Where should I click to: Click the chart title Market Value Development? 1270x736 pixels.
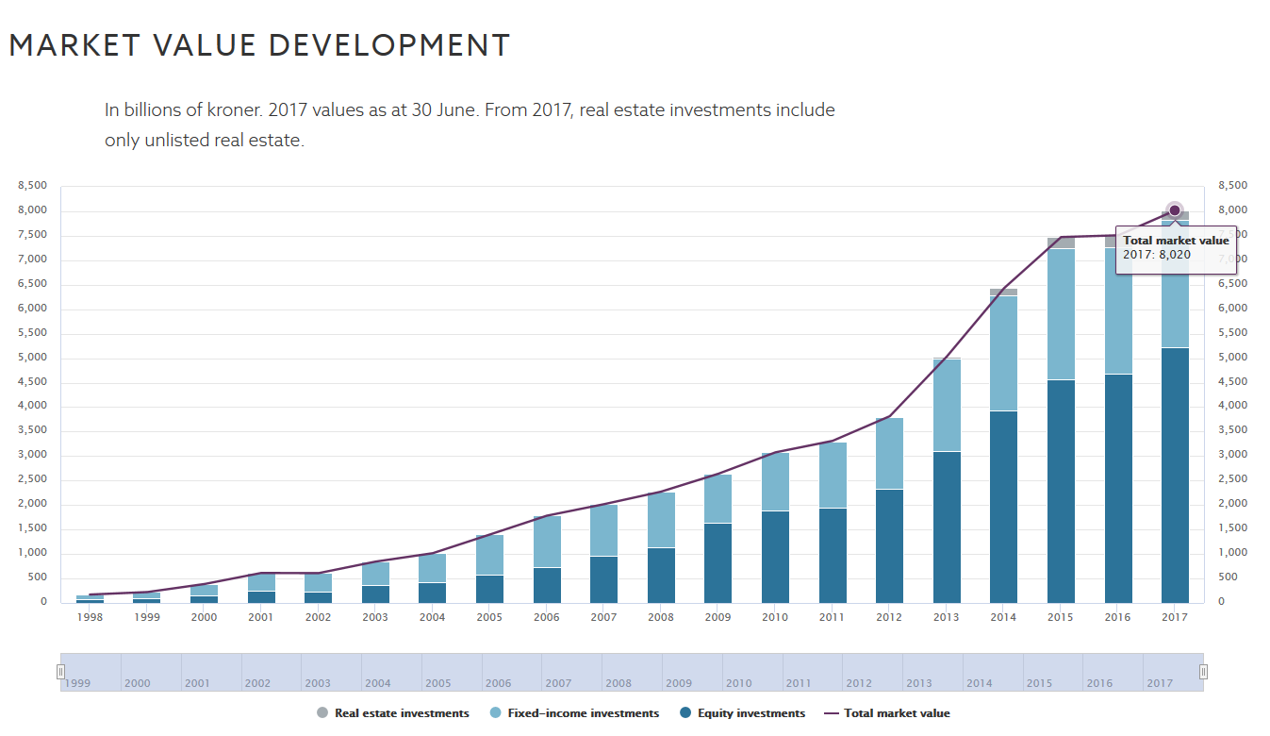(259, 45)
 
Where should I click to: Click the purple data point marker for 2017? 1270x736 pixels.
(1174, 210)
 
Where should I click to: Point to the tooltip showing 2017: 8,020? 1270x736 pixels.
(1175, 248)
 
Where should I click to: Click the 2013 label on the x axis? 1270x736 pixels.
(946, 617)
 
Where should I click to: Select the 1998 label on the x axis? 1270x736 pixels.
(90, 617)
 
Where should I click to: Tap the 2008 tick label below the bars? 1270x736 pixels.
(661, 617)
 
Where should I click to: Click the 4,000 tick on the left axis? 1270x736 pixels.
(32, 407)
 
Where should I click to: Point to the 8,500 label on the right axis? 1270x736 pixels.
(1233, 186)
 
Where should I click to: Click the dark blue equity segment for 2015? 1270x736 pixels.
(1060, 491)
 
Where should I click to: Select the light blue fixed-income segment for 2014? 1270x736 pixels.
(1003, 353)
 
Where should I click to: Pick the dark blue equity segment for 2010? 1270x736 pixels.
(775, 557)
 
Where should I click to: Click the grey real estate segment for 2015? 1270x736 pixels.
(1060, 243)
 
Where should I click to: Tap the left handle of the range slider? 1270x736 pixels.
(60, 672)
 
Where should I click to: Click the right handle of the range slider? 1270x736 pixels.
(1203, 672)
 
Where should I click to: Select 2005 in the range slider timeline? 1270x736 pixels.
(438, 683)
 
